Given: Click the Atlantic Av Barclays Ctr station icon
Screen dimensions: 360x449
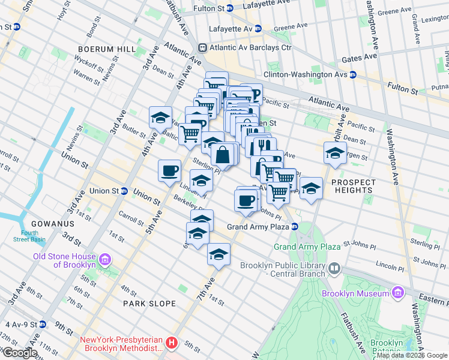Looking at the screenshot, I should [x=203, y=47].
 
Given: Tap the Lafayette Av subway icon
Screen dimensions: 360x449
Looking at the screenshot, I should [x=258, y=28].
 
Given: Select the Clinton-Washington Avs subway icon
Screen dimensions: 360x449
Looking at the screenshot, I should [x=353, y=74].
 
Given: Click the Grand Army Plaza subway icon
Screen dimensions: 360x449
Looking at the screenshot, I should [x=295, y=227].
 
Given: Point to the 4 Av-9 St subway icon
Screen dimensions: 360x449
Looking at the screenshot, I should [x=42, y=325].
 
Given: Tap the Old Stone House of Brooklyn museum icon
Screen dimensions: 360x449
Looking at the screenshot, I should [x=105, y=260].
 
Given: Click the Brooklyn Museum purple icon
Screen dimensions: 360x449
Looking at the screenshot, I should [x=397, y=293].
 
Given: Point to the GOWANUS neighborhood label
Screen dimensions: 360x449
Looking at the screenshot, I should [x=37, y=223].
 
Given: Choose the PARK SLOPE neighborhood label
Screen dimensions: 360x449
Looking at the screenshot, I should [x=149, y=304].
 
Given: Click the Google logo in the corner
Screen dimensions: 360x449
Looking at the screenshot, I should [x=20, y=353].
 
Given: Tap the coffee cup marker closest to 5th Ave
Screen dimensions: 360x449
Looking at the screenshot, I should [x=169, y=170].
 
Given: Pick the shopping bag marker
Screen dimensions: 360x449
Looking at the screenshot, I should [x=223, y=154].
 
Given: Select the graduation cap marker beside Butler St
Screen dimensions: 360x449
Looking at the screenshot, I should [x=160, y=117].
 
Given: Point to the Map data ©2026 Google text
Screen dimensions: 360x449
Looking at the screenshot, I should [x=412, y=355].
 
